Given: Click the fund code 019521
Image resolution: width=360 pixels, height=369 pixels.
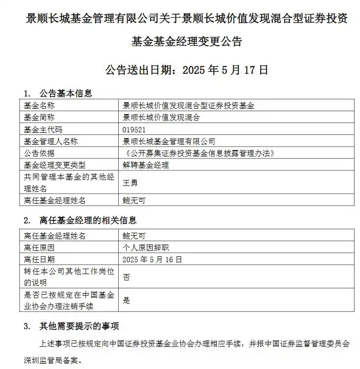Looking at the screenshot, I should (134, 129).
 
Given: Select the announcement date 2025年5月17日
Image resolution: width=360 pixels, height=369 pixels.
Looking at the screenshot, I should (226, 70).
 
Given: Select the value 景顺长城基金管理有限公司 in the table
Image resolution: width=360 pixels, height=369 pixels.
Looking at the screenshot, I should (169, 141).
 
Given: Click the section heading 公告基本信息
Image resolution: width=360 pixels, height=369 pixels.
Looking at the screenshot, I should (65, 93).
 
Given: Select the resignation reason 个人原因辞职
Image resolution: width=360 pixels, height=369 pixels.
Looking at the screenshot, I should (149, 247).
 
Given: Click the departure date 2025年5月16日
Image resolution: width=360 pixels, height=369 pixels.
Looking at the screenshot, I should (152, 259).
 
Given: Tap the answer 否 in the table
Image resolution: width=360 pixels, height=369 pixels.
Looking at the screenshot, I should (126, 277).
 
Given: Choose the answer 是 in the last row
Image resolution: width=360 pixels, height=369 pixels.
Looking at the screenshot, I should (126, 301).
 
